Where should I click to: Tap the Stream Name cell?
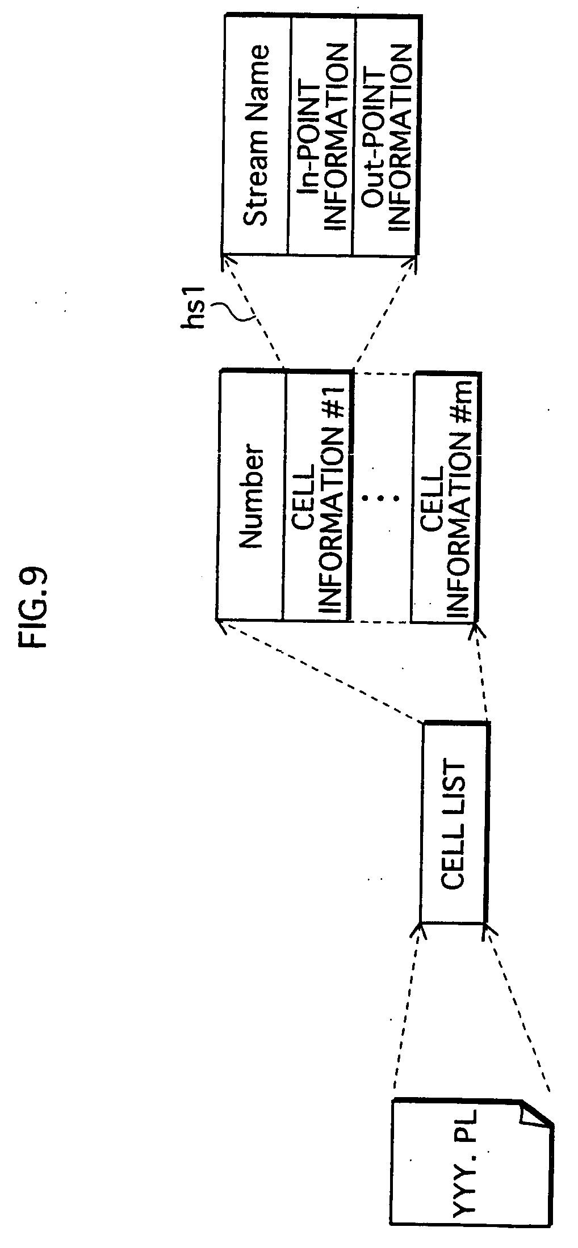pyautogui.click(x=256, y=135)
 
